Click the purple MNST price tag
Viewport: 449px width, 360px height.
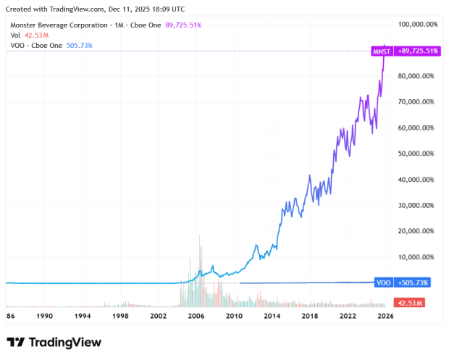[381, 51]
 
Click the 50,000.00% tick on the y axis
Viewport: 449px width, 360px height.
[418, 154]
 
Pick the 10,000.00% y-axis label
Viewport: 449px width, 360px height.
[418, 257]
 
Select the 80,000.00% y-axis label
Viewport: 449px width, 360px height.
[418, 76]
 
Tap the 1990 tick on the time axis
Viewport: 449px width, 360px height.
[45, 316]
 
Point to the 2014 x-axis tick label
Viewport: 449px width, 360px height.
[271, 316]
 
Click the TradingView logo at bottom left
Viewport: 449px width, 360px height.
[54, 342]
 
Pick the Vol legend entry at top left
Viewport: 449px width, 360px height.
[14, 35]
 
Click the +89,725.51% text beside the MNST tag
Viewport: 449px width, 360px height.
[416, 51]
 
